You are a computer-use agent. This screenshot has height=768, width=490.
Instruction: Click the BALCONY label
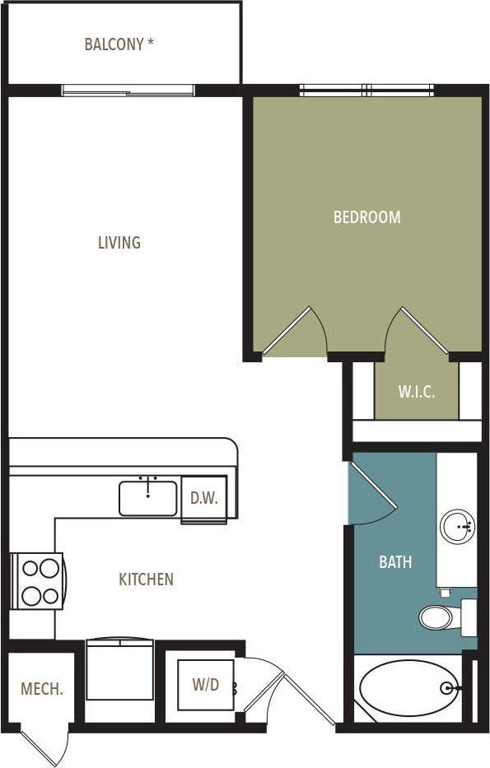[x=119, y=44]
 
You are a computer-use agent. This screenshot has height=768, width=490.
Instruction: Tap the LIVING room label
[x=119, y=243]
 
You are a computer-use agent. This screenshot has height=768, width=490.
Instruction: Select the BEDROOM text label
[x=366, y=217]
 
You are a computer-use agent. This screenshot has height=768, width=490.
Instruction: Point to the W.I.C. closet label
[x=416, y=392]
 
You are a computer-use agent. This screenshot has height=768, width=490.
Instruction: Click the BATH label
[x=395, y=563]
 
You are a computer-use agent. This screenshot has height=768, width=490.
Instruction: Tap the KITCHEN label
[x=147, y=579]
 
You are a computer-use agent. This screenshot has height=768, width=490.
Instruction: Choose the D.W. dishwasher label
[x=203, y=498]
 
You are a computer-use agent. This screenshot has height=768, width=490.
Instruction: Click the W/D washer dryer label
[x=206, y=684]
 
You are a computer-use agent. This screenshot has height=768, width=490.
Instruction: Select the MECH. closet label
[x=42, y=689]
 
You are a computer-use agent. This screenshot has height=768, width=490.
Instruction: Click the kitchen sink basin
[x=148, y=499]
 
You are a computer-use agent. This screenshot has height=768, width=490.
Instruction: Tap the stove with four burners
[x=39, y=581]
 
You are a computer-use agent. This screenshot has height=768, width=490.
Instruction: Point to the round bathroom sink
[x=457, y=527]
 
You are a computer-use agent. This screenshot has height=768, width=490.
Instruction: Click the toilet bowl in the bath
[x=436, y=617]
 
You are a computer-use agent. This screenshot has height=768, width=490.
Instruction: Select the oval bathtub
[x=408, y=689]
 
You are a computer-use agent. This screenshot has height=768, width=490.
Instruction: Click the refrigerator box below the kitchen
[x=120, y=671]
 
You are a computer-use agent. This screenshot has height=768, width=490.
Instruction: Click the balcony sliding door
[x=128, y=91]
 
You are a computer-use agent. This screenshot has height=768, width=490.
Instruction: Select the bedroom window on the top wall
[x=366, y=90]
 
